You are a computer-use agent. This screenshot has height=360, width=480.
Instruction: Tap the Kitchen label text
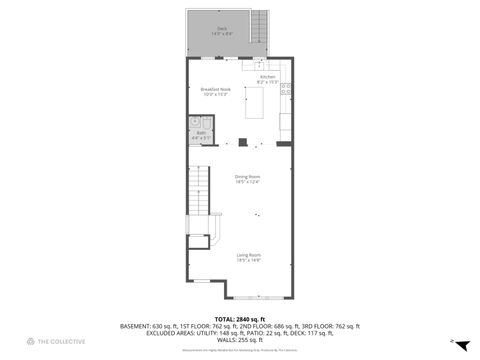pos(267,76)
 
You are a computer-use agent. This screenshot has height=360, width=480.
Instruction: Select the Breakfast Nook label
pos(215,90)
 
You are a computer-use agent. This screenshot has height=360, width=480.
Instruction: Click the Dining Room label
pos(247,177)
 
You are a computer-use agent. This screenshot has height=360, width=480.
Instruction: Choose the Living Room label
pos(249,255)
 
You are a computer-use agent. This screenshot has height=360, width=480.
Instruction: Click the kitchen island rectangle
pos(267,102)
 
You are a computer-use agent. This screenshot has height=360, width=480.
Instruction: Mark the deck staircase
pos(260,24)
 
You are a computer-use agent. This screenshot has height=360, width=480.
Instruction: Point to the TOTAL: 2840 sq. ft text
pos(239,318)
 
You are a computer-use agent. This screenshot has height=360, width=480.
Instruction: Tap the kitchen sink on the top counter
pos(259,65)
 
